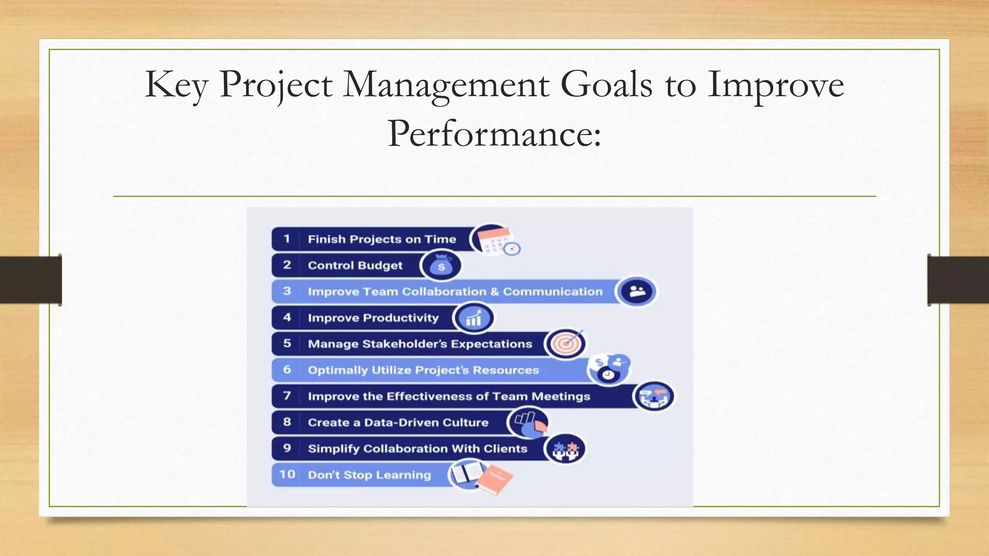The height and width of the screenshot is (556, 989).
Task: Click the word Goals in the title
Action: click(x=607, y=84)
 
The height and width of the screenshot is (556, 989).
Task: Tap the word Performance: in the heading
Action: click(x=494, y=134)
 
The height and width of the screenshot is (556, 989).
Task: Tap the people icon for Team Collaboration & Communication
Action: click(x=637, y=292)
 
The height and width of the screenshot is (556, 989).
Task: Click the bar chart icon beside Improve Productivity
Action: click(x=474, y=318)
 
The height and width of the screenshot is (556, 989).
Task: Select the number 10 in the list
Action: click(x=287, y=474)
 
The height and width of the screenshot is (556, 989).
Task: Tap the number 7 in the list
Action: click(x=287, y=396)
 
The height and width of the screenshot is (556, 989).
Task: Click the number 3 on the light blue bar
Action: click(x=287, y=291)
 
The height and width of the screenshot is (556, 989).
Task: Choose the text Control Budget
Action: click(x=355, y=265)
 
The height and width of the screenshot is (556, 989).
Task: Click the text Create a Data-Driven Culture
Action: click(x=398, y=422)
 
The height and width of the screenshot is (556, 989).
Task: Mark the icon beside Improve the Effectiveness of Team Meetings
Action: click(x=654, y=396)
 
